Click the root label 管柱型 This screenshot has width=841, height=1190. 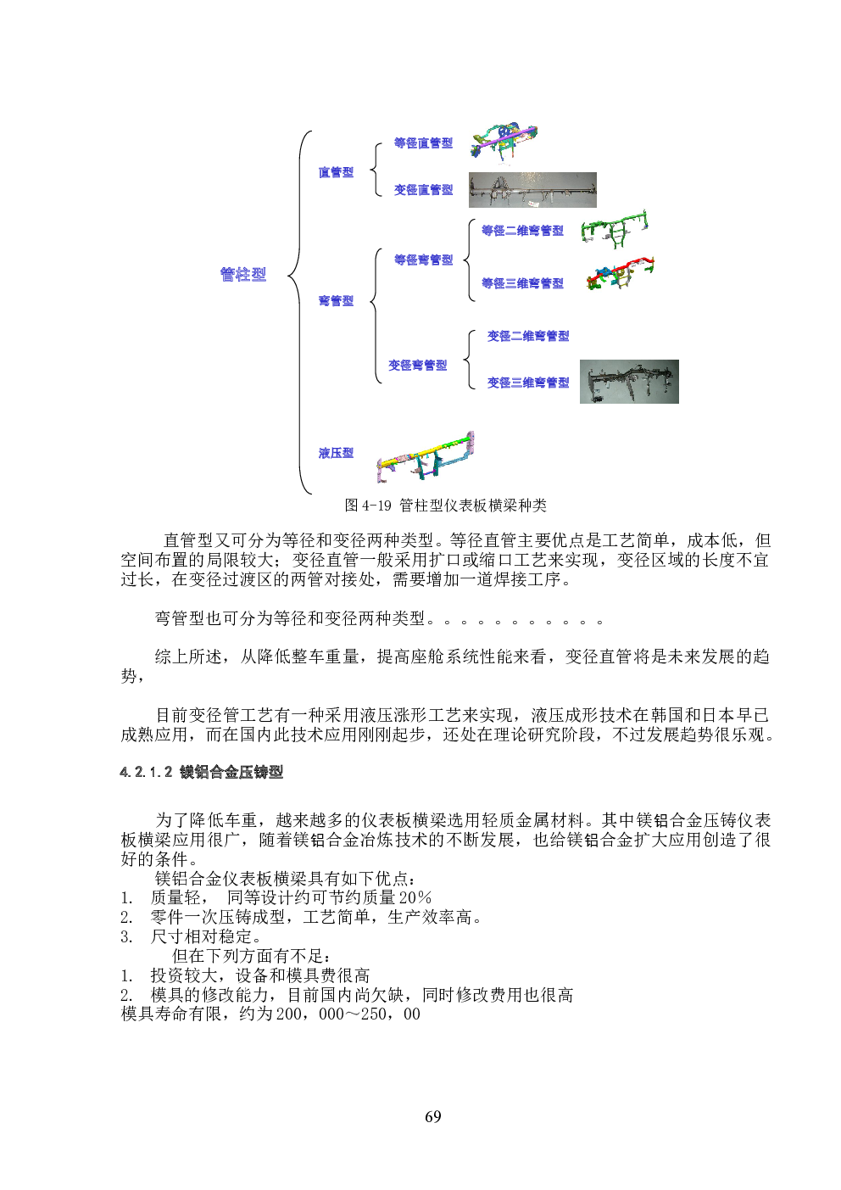(x=243, y=274)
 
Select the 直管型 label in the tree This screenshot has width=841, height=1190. (x=336, y=172)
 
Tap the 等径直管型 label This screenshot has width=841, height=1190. (x=423, y=142)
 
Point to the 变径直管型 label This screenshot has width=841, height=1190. (x=423, y=190)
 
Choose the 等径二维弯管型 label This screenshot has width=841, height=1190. (x=522, y=231)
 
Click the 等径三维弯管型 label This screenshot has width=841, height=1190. (x=522, y=283)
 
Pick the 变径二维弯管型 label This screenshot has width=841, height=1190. (x=528, y=336)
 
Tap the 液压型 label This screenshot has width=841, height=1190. (x=336, y=453)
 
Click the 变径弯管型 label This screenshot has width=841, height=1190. (x=417, y=365)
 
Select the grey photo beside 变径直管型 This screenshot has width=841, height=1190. (x=532, y=190)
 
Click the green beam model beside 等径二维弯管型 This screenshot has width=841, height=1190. (x=615, y=230)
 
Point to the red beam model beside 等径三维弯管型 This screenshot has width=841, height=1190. (x=620, y=273)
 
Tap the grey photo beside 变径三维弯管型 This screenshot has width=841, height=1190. (x=629, y=382)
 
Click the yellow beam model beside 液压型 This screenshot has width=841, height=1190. (x=425, y=457)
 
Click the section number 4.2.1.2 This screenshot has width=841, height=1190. (x=147, y=772)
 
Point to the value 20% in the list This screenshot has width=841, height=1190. (x=415, y=897)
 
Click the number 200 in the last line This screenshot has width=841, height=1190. (x=289, y=1014)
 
